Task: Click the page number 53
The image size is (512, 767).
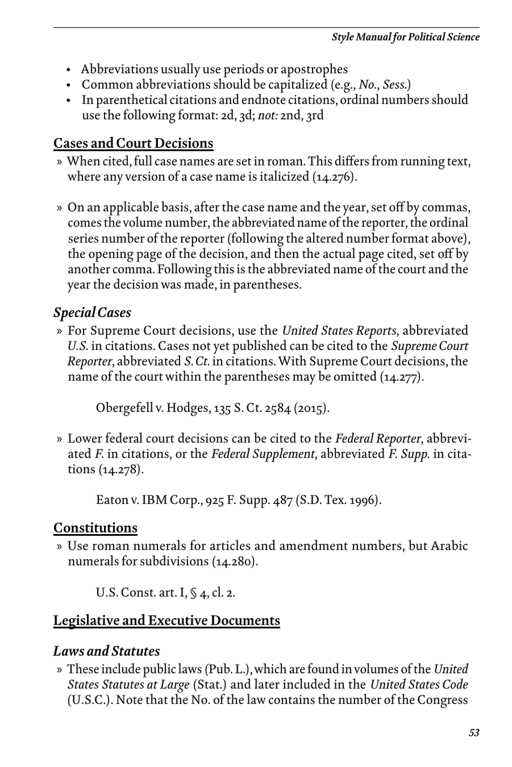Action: pos(474,733)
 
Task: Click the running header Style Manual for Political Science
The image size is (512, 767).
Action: pos(405,37)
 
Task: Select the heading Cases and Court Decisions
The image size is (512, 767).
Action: pos(133,143)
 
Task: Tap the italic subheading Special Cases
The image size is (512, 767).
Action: pos(92,313)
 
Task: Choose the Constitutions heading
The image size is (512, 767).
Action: pos(95,528)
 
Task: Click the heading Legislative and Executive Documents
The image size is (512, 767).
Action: pos(167,620)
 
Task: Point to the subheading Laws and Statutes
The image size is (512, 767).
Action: pos(106,651)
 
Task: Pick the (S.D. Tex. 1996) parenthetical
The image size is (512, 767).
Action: pos(338,500)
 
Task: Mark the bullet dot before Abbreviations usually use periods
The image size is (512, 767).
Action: pos(69,70)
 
